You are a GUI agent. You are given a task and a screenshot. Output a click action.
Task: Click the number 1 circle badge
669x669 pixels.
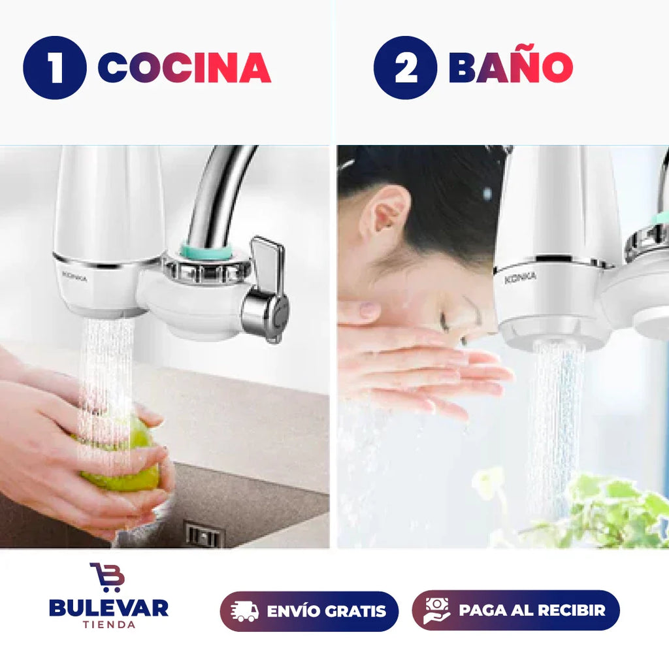tap(55, 68)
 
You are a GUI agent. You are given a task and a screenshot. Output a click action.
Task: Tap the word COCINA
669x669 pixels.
tap(184, 68)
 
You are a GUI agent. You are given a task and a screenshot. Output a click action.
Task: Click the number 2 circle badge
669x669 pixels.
tap(405, 68)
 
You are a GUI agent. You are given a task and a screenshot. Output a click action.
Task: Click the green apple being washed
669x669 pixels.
tap(122, 457)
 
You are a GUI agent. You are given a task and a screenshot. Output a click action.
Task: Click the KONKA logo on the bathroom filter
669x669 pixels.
tap(520, 278)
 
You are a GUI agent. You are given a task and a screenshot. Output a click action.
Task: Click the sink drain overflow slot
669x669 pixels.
tap(204, 534)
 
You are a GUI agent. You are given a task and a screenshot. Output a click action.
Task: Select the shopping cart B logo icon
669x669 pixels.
tap(107, 577)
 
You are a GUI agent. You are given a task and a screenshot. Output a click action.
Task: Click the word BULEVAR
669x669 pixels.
tap(109, 608)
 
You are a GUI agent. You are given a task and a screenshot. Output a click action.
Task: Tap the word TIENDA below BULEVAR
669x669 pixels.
tap(109, 625)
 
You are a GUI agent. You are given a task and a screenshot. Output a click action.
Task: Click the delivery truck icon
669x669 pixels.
tap(244, 611)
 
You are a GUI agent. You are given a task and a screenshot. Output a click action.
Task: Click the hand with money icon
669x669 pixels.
tap(436, 611)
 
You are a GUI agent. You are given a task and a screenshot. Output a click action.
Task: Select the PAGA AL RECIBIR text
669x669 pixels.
tap(532, 610)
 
